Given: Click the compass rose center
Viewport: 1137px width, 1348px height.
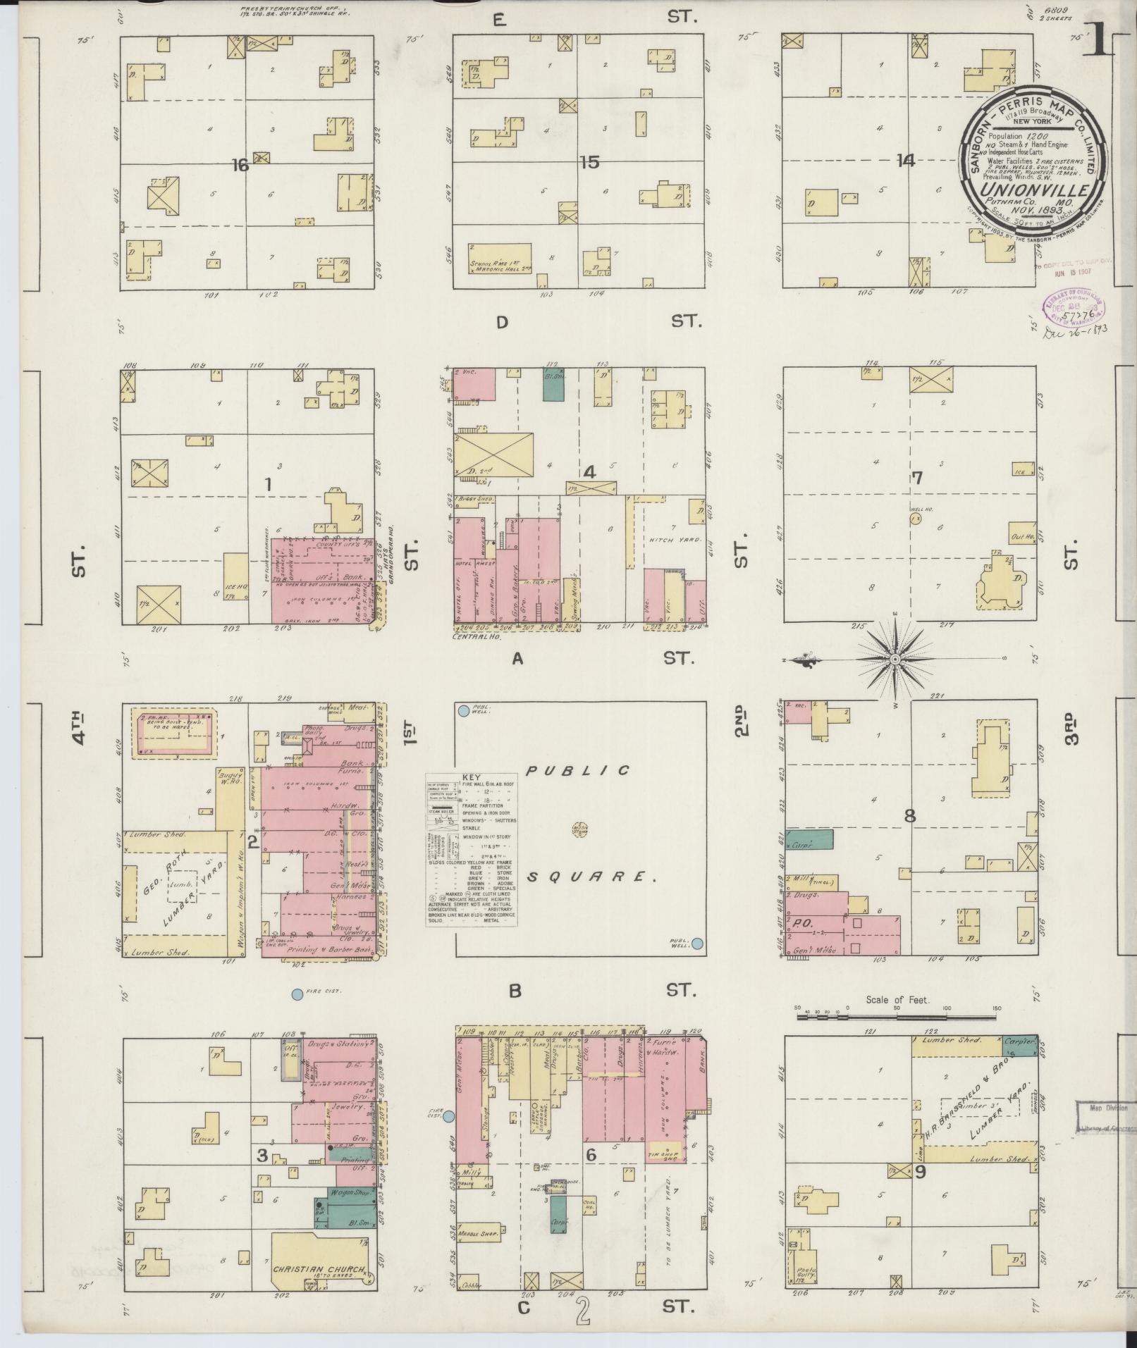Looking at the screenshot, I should (895, 659).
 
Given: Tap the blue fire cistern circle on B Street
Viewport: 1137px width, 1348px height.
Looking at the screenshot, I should (297, 994).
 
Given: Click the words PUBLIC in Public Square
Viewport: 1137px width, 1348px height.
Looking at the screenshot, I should (580, 771).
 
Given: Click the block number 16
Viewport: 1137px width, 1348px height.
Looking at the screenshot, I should (240, 165).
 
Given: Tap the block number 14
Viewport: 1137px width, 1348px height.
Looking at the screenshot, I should (905, 161).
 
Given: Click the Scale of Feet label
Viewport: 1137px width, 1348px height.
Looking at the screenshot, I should (898, 1000).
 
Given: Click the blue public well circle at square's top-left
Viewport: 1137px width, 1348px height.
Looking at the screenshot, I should (464, 712).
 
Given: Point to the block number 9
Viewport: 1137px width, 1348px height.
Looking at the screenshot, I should (920, 1173).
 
